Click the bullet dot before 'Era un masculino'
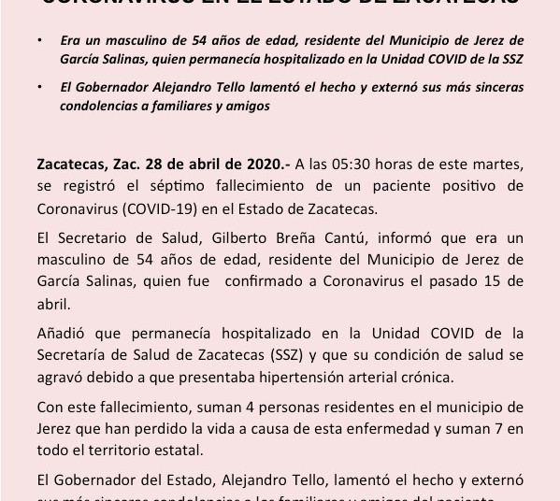(x=38, y=42)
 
